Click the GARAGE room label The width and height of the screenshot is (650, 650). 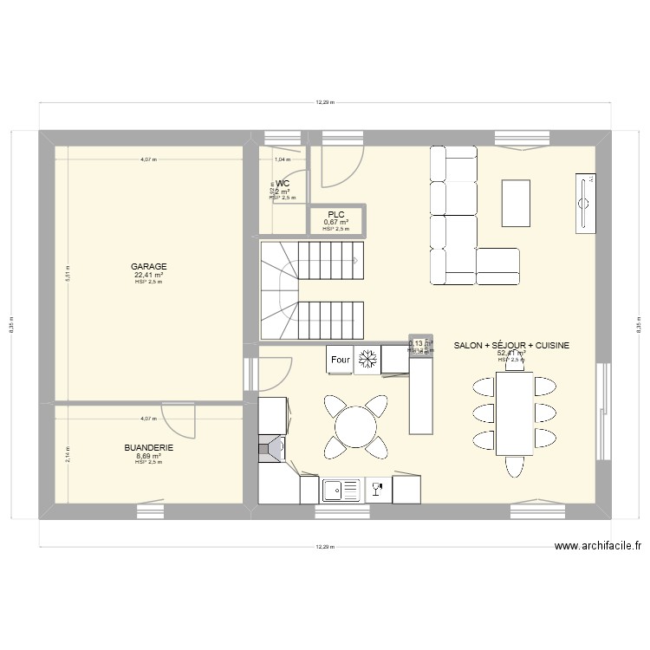[x=148, y=267]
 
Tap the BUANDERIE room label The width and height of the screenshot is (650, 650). [x=148, y=448]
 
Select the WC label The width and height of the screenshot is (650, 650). [x=283, y=184]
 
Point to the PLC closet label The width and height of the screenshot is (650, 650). [x=335, y=214]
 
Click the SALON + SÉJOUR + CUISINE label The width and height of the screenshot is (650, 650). [x=511, y=345]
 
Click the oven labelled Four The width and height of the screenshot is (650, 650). [x=340, y=360]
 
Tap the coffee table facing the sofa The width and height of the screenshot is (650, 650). [x=516, y=196]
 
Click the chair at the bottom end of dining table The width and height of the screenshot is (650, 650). [x=514, y=465]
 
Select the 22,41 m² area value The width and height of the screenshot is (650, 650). [x=148, y=275]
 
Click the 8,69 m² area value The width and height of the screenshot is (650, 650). [x=148, y=456]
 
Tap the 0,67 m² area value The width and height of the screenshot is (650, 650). [x=335, y=222]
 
